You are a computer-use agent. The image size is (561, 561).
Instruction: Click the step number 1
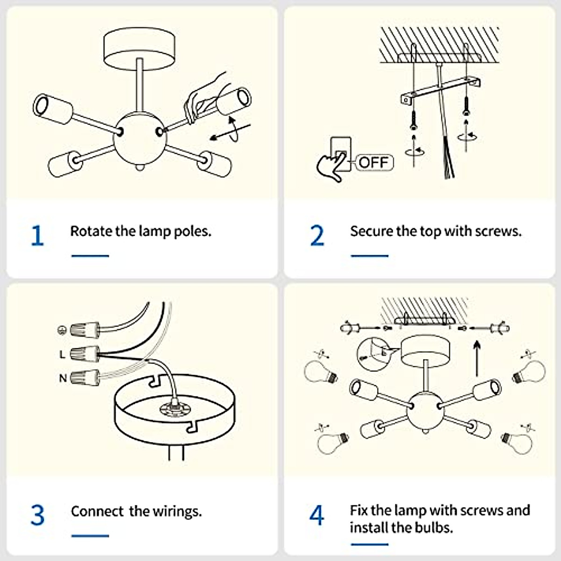(x=37, y=235)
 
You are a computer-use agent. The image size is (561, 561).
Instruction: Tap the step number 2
(x=317, y=235)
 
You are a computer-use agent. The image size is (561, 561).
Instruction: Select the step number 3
(x=37, y=515)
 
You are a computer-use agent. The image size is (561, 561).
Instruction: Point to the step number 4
(x=316, y=515)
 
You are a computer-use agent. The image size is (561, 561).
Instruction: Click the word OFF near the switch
(x=374, y=162)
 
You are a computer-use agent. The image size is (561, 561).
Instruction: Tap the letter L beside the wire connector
(x=62, y=355)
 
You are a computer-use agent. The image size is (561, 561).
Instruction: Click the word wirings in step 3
(x=176, y=511)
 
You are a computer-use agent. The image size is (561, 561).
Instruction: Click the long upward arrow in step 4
(x=476, y=358)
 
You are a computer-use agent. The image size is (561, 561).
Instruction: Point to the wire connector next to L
(x=85, y=354)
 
